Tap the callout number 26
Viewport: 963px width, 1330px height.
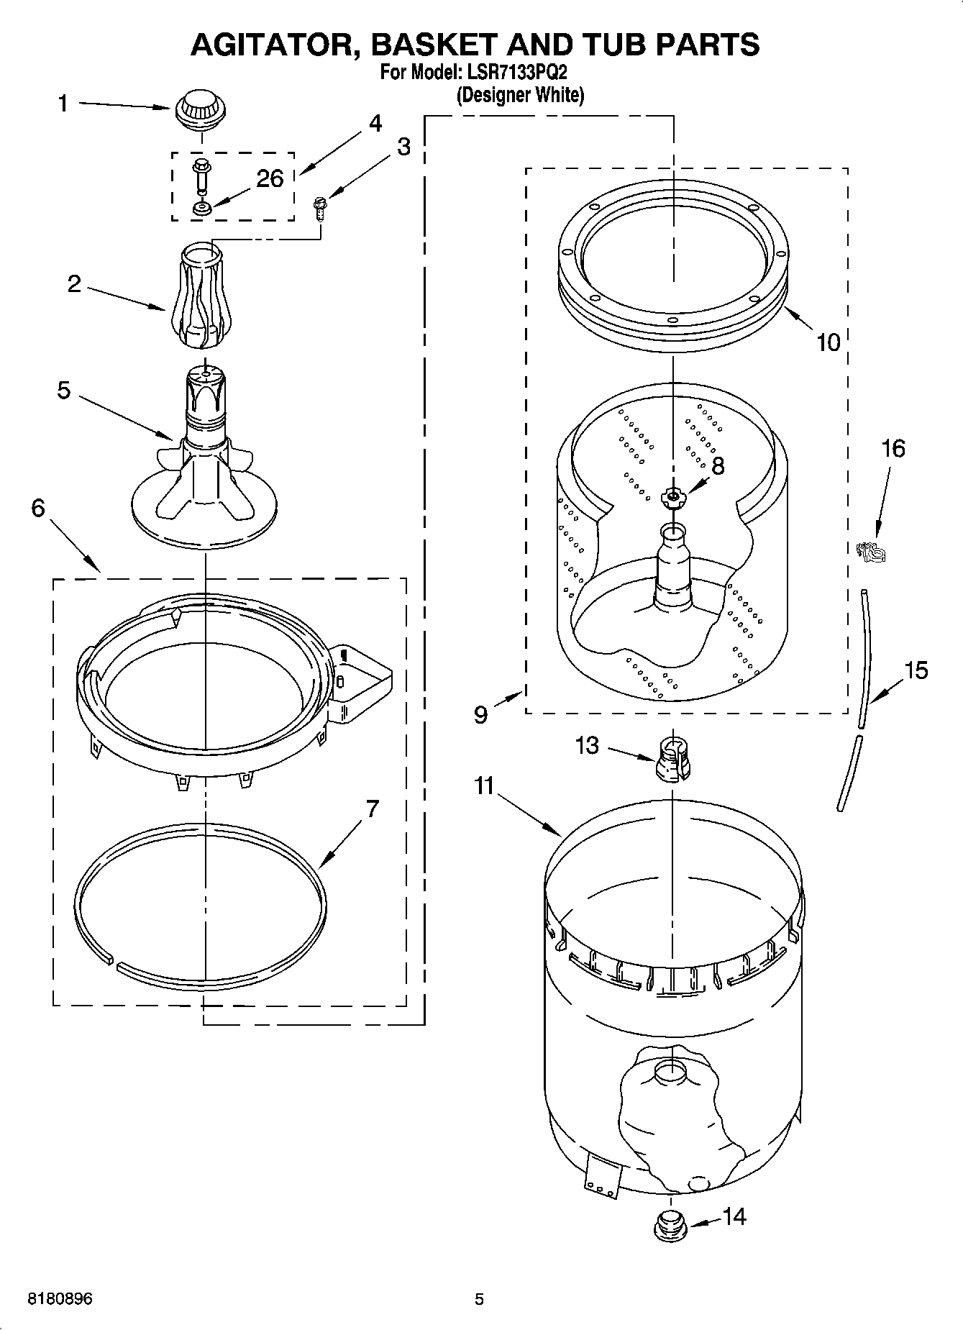270,178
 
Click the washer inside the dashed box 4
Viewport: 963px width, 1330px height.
201,209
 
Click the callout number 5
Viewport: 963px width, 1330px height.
64,391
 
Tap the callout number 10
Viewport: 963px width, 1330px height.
829,342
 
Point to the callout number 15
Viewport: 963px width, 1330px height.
916,670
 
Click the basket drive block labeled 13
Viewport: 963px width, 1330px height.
672,758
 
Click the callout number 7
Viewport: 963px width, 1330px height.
371,809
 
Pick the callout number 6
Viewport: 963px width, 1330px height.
38,508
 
